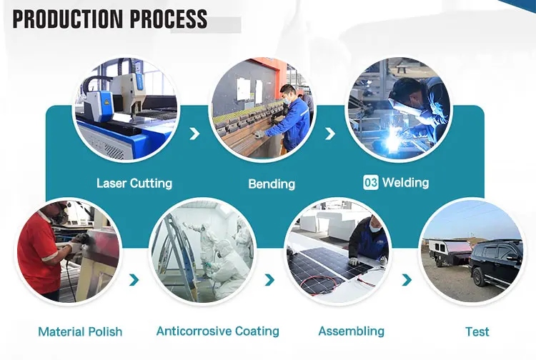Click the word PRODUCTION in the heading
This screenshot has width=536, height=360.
pyautogui.click(x=68, y=19)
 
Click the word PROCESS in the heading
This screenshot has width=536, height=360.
pyautogui.click(x=169, y=19)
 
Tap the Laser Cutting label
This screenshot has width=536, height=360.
pyautogui.click(x=134, y=184)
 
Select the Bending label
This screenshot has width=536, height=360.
pyautogui.click(x=272, y=184)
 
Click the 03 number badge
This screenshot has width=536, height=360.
pyautogui.click(x=371, y=182)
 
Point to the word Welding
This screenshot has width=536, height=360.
pyautogui.click(x=406, y=182)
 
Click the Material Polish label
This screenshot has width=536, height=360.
pyautogui.click(x=80, y=331)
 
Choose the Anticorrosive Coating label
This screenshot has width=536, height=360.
pyautogui.click(x=218, y=331)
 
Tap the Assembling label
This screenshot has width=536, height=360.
pyautogui.click(x=352, y=331)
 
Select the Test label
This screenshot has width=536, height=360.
pyautogui.click(x=477, y=331)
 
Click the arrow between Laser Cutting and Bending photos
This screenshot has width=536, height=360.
pyautogui.click(x=194, y=134)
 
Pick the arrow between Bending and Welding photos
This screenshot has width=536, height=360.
pyautogui.click(x=330, y=134)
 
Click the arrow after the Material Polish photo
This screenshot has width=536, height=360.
pyautogui.click(x=134, y=280)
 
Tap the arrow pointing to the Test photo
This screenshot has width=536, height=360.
pyautogui.click(x=407, y=280)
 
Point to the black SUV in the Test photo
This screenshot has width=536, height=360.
pyautogui.click(x=496, y=263)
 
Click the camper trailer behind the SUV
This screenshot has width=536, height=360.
pyautogui.click(x=449, y=252)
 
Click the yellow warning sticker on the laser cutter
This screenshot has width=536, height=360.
pyautogui.click(x=106, y=101)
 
